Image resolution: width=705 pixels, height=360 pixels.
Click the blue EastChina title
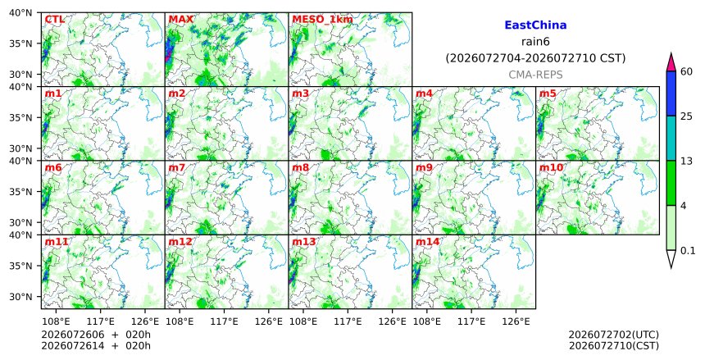pos(535,25)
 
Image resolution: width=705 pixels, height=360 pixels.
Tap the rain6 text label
pos(535,42)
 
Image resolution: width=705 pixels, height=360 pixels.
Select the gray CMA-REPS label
pos(535,75)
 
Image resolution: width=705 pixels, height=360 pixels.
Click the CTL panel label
pos(54,20)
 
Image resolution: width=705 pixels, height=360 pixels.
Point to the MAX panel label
pos(180,20)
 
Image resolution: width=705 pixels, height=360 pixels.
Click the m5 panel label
pos(548,93)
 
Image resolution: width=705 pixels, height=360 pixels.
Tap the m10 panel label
pos(551,168)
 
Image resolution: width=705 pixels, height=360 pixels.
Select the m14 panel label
pos(427,242)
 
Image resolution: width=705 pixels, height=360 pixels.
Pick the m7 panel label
pos(177,168)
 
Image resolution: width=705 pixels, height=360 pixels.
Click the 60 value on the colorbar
pos(686,71)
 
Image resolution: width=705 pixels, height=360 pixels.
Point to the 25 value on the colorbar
pos(686,116)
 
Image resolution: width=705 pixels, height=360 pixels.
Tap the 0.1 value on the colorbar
pos(688,251)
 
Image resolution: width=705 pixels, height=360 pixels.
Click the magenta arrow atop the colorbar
pos(671,62)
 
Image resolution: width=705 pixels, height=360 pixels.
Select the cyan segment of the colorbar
pos(671,138)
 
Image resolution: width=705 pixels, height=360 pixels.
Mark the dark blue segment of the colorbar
pos(671,93)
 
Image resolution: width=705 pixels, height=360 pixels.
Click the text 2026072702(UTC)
pos(614,335)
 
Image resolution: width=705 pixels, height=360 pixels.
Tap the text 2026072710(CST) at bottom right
pos(614,346)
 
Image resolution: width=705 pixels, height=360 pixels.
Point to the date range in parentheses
pos(535,58)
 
